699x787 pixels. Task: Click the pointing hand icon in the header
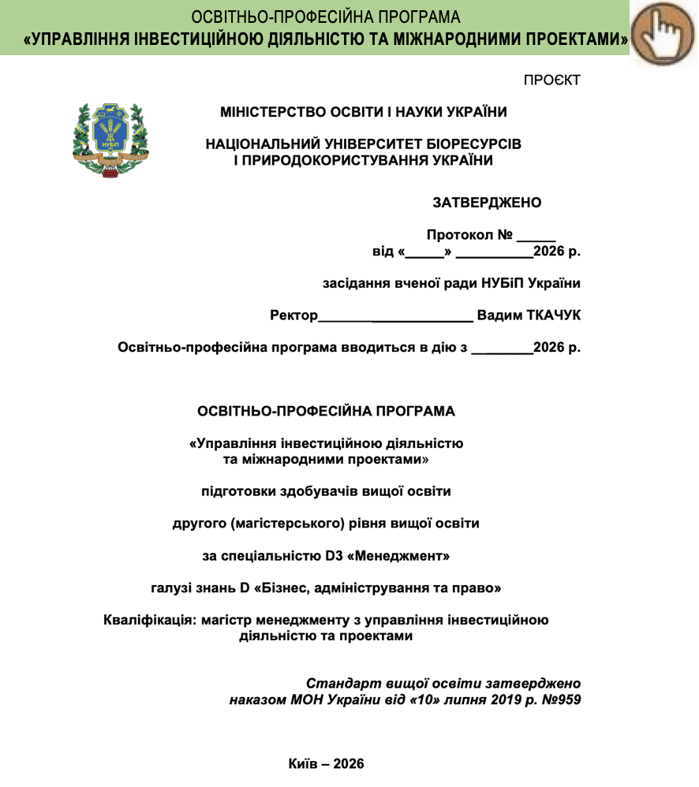(x=663, y=33)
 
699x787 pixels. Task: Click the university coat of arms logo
(x=110, y=140)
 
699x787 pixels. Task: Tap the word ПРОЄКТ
(x=551, y=80)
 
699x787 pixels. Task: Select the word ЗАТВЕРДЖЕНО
(x=487, y=203)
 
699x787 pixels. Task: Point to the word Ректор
(x=293, y=315)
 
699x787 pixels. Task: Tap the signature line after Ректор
(x=394, y=317)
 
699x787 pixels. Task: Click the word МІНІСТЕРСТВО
(x=271, y=112)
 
